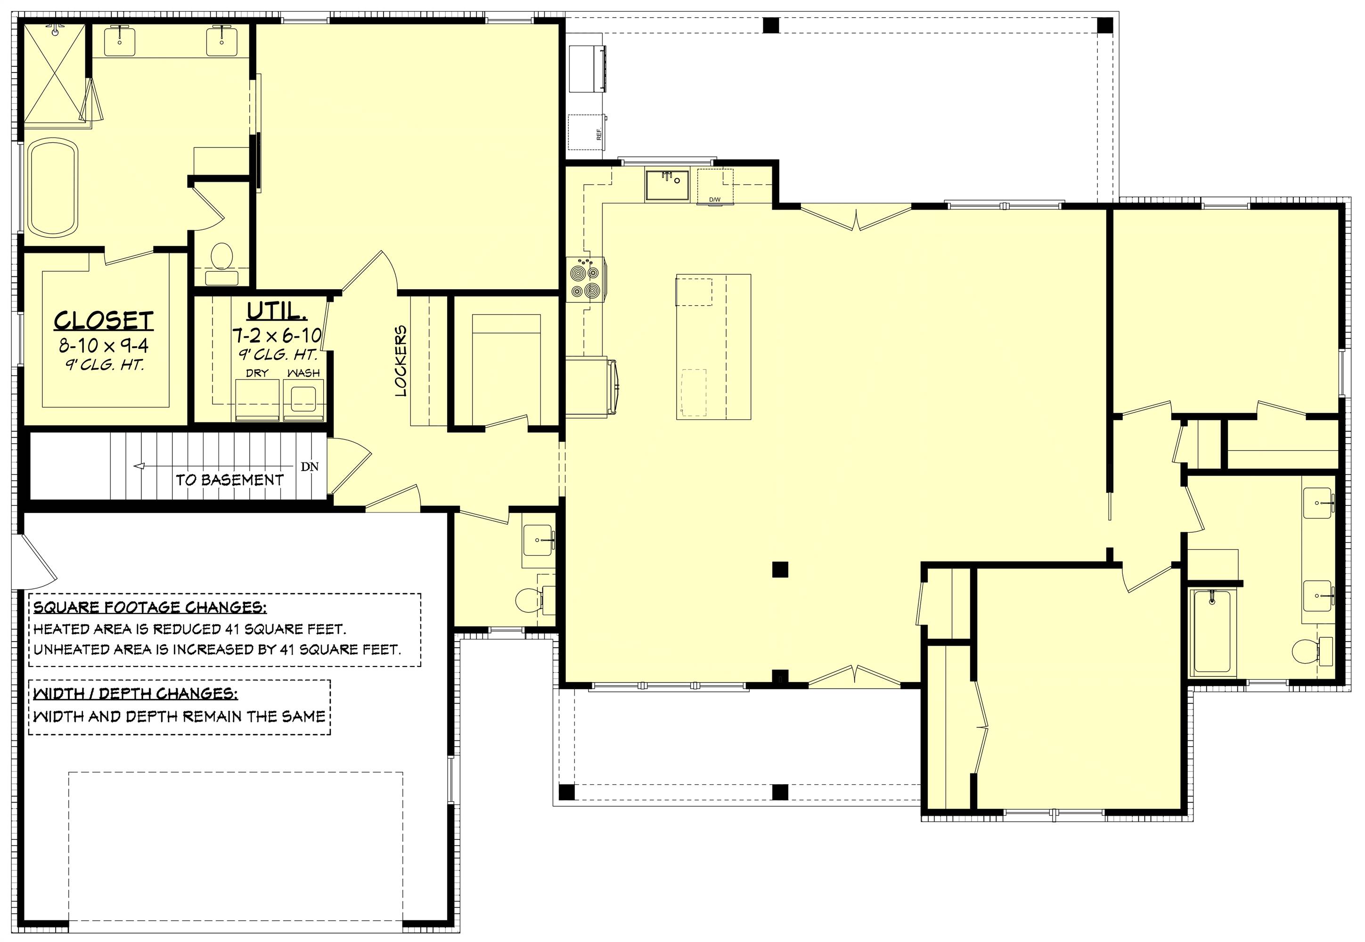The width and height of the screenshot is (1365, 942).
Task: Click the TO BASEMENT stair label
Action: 229,480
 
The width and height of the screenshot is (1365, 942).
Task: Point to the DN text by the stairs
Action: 310,467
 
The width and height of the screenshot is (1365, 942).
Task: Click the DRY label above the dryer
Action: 257,373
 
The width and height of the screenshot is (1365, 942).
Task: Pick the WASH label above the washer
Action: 303,373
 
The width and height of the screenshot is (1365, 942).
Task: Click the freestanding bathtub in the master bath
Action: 54,187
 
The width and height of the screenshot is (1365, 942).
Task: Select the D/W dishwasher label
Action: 714,200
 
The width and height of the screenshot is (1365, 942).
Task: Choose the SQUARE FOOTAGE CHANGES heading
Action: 150,607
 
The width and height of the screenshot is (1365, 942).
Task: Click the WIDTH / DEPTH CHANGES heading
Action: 136,692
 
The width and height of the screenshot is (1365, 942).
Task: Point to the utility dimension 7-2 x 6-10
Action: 276,336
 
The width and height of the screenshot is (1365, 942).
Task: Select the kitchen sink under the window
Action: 667,185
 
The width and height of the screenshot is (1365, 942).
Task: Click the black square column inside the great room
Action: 780,569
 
